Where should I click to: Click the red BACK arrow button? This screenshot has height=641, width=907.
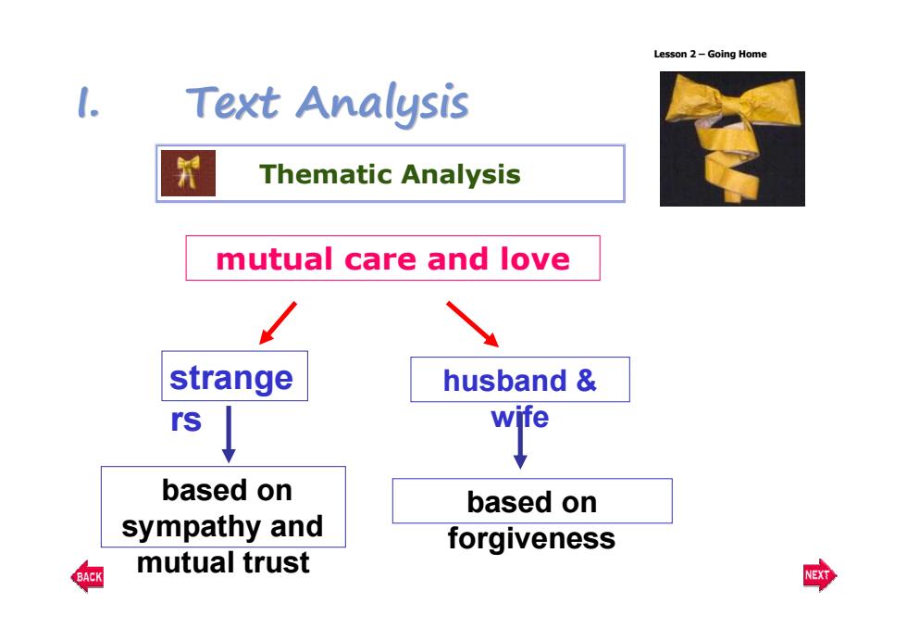[x=87, y=576]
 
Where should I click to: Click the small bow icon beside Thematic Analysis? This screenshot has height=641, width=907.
[x=188, y=173]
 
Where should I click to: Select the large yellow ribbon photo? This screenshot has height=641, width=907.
[x=732, y=138]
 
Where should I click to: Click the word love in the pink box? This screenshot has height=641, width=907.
[x=535, y=258]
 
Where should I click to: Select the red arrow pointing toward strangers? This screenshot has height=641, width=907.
[x=278, y=323]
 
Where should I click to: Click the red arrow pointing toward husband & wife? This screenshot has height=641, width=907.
[x=473, y=324]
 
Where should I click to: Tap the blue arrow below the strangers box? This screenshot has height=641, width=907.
[x=229, y=434]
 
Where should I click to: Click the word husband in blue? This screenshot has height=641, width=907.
[x=505, y=381]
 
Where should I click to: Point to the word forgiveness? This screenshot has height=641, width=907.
[x=531, y=539]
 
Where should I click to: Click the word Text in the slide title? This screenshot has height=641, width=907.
[x=232, y=103]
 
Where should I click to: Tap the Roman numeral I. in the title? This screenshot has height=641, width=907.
[x=89, y=103]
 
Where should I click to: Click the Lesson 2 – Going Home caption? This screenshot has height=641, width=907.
[x=711, y=54]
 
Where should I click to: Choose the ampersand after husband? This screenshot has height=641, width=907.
[x=586, y=381]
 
